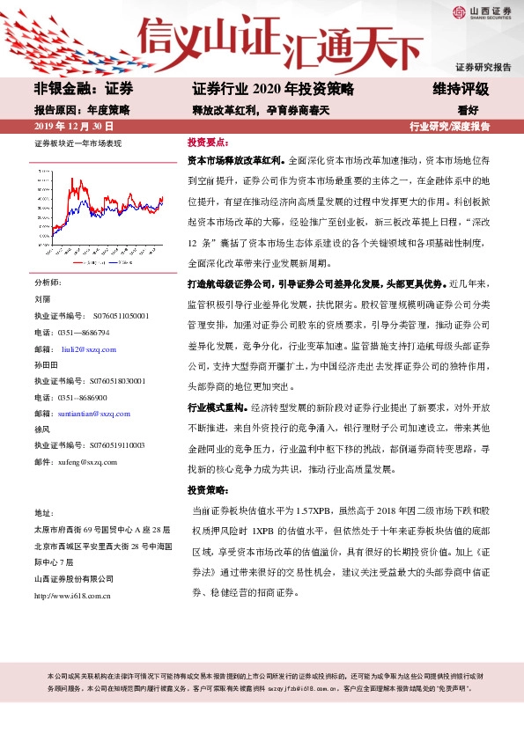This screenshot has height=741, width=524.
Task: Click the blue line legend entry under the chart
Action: pyautogui.click(x=122, y=261)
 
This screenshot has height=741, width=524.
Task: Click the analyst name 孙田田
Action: pyautogui.click(x=46, y=364)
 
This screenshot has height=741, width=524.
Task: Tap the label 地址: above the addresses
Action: pyautogui.click(x=44, y=512)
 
